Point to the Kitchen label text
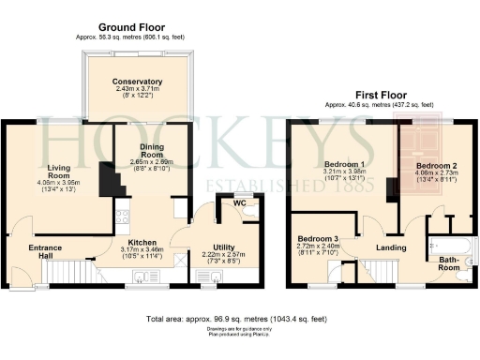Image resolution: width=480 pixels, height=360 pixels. (x=143, y=239)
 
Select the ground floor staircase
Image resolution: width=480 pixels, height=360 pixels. (x=71, y=273)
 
